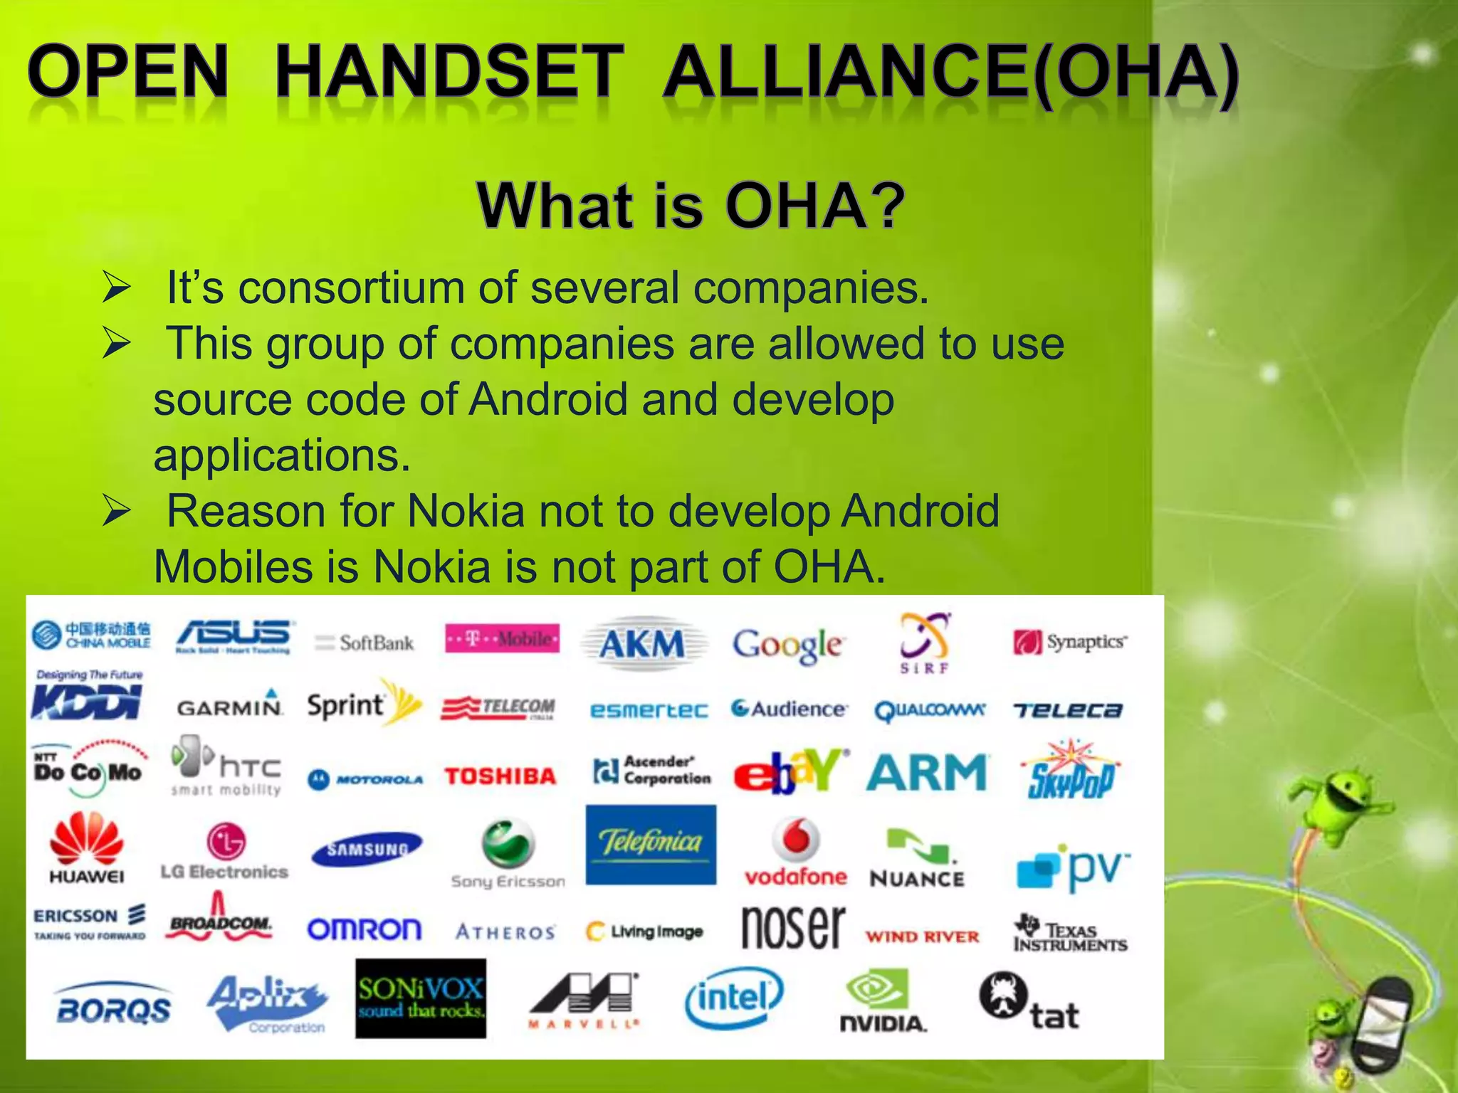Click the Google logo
pos(788,645)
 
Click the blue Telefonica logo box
pos(651,845)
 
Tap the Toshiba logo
pos(500,776)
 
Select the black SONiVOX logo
pos(421,998)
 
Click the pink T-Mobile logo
pos(502,639)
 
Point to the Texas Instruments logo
pos(1070,934)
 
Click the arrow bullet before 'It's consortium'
pos(116,288)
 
